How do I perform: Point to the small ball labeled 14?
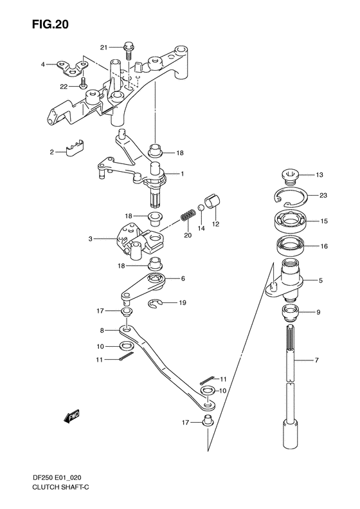point(201,208)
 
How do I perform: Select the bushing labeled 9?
point(289,315)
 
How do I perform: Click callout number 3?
point(92,239)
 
